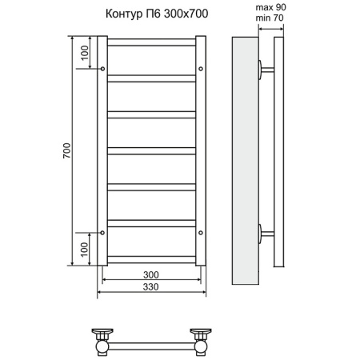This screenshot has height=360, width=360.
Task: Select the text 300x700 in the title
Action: pos(179,14)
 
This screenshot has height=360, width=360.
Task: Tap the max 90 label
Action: pos(270,7)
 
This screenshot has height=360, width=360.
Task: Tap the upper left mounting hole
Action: pos(102,69)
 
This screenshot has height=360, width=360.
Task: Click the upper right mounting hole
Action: pos(200,69)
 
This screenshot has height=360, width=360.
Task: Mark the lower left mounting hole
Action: pos(102,233)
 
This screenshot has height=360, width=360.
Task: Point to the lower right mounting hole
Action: pos(200,233)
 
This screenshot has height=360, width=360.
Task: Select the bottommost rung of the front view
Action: pos(151,258)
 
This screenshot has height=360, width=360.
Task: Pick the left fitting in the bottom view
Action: pos(102,339)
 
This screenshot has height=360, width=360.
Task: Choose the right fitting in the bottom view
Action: pos(200,339)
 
